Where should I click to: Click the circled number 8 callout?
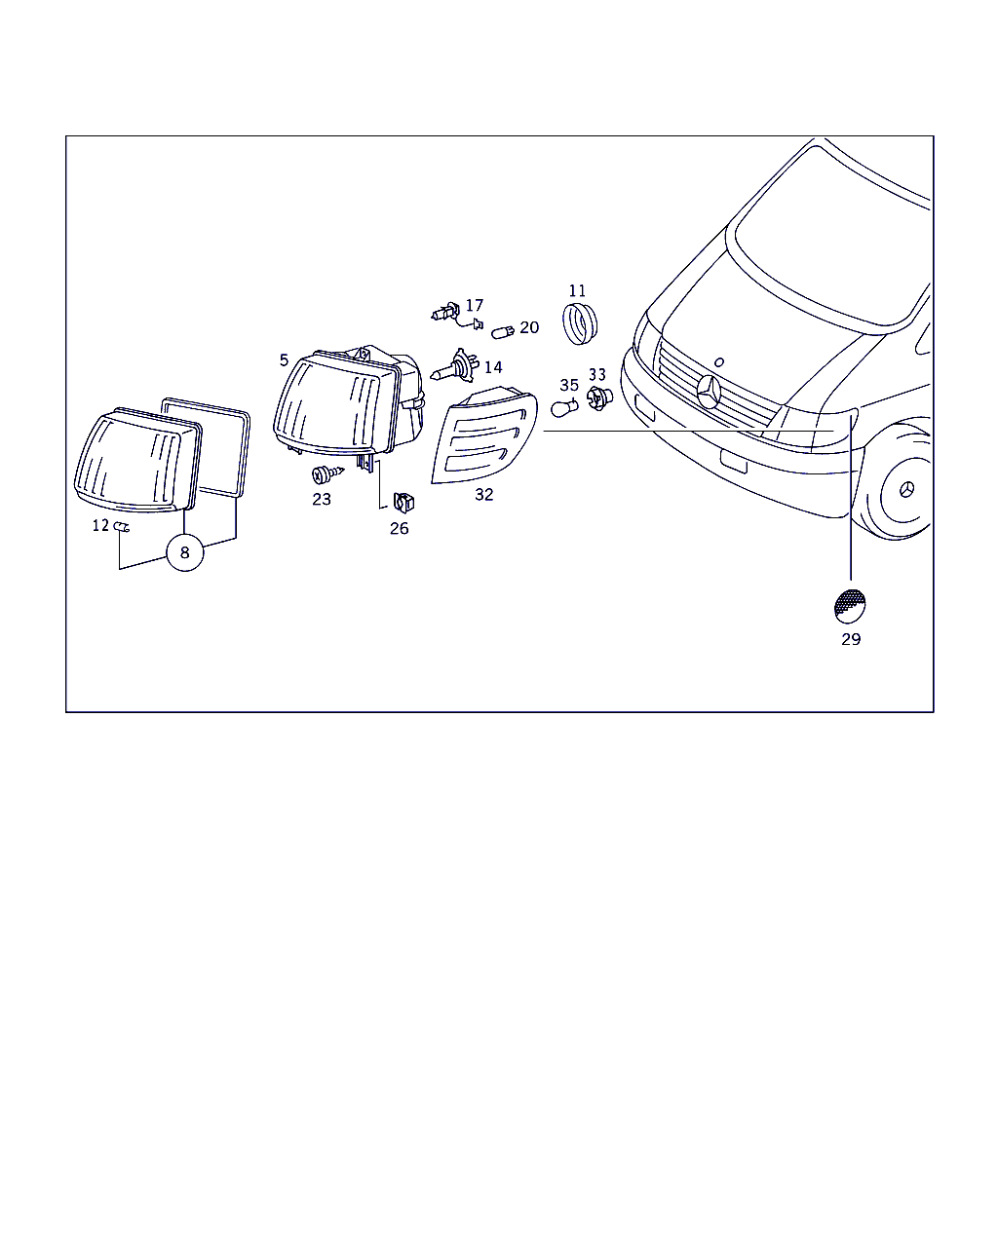coord(184,552)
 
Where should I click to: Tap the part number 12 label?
coord(101,525)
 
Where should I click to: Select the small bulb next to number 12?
coord(122,527)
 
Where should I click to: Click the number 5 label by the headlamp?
coord(284,360)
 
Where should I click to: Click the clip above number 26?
coord(403,502)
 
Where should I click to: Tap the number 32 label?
coord(483,494)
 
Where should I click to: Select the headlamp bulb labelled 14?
coord(455,367)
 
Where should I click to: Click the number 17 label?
coord(474,305)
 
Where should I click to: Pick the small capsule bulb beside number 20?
coord(502,332)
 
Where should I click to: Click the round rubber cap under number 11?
coord(579,322)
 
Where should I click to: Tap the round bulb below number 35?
coord(563,408)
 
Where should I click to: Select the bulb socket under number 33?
coord(599,398)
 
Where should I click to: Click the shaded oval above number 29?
coord(850,606)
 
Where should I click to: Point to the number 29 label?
coord(851,639)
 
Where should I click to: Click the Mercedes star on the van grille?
coord(709,393)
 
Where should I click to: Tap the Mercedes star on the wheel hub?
coord(907,490)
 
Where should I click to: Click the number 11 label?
coord(577,290)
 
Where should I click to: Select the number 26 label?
coord(399,528)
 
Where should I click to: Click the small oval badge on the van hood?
coord(719,362)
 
